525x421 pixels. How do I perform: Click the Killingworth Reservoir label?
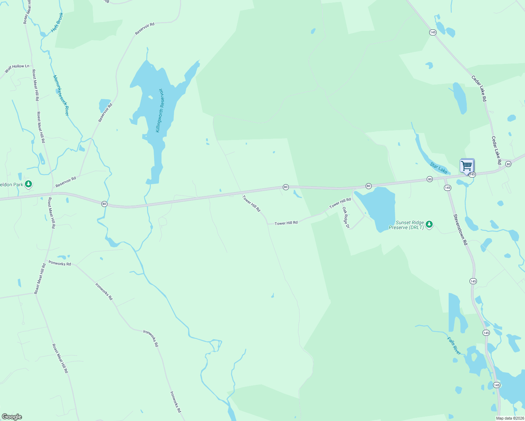pos(160,110)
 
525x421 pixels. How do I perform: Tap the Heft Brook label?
pos(57,22)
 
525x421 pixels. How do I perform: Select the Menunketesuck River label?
pos(61,95)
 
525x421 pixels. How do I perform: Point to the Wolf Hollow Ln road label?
pos(17,68)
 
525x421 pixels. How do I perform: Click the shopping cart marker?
pos(467,166)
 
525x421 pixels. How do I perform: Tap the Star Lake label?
pos(439,168)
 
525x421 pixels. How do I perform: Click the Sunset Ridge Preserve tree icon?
pos(429,224)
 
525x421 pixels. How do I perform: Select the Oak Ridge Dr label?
pos(346,218)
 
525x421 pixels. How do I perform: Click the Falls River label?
pos(454,346)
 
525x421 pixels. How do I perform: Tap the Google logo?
pos(12,417)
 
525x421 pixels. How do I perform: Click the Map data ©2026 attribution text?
pos(510,418)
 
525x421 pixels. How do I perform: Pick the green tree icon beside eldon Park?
pos(28,184)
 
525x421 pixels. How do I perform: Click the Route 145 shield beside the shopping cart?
pos(472,174)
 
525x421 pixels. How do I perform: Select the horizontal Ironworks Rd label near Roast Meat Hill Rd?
pos(60,263)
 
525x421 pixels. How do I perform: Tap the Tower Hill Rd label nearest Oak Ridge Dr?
pos(340,202)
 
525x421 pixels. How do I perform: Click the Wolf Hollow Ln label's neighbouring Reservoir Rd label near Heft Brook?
pos(145,29)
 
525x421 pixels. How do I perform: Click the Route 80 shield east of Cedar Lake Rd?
pos(508,164)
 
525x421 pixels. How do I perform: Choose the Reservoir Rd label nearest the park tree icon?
pos(66,182)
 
